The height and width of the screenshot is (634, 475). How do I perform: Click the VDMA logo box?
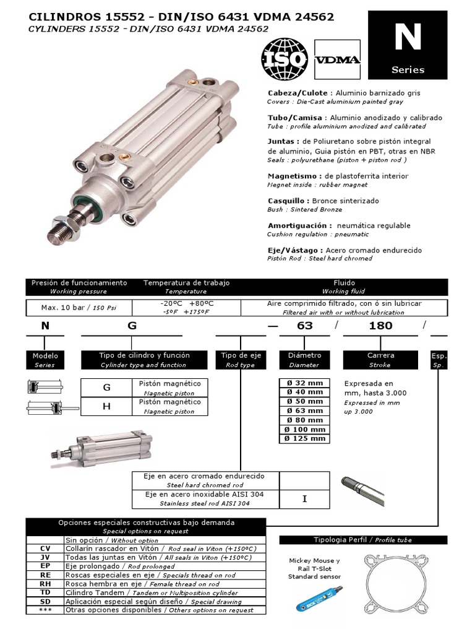pyautogui.click(x=337, y=60)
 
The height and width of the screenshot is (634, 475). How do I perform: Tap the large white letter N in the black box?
pyautogui.click(x=408, y=38)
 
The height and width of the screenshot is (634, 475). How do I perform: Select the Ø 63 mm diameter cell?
pyautogui.click(x=304, y=410)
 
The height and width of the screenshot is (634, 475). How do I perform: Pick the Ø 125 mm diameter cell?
pyautogui.click(x=304, y=438)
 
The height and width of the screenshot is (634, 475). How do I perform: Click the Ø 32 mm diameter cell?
pyautogui.click(x=304, y=383)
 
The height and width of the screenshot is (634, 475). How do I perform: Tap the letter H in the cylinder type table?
pyautogui.click(x=106, y=406)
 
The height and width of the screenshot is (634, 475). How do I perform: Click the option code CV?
pyautogui.click(x=45, y=549)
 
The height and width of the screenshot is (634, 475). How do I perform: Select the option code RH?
pyautogui.click(x=45, y=584)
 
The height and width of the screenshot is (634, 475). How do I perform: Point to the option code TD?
pyautogui.click(x=45, y=593)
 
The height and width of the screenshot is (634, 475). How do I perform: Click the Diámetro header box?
pyautogui.click(x=304, y=360)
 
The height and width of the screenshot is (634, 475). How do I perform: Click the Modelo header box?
pyautogui.click(x=45, y=360)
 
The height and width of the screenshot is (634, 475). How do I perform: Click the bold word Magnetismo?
pyautogui.click(x=289, y=176)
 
